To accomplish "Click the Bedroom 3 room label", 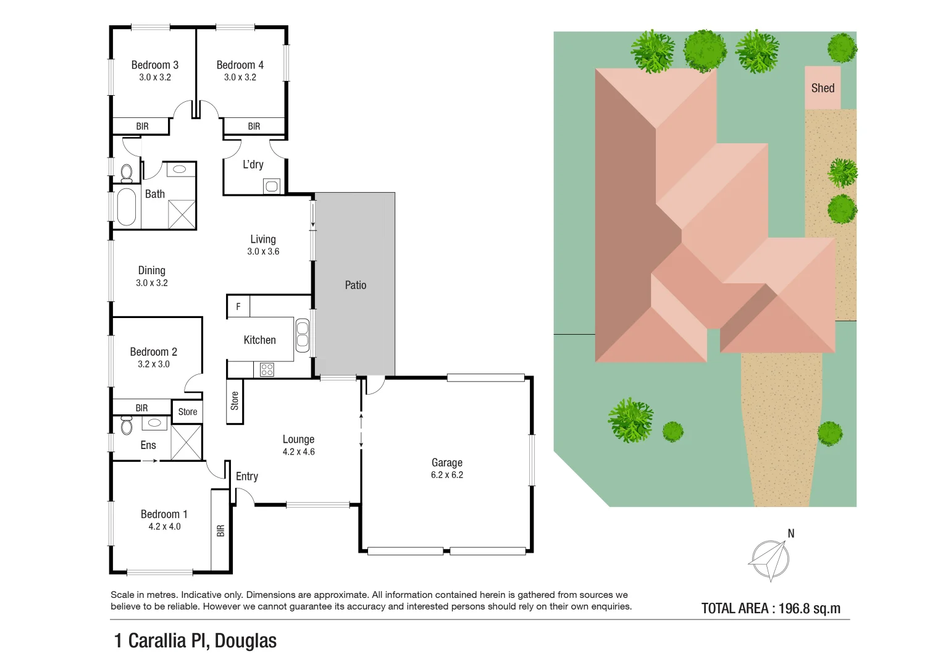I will tap(154, 65).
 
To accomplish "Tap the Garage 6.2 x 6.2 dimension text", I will tap(447, 475).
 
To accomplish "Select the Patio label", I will tap(356, 285).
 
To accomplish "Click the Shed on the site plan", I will tap(823, 88).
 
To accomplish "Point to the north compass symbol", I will tap(769, 560).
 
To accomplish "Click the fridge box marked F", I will tap(238, 306).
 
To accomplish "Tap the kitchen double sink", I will tap(302, 335).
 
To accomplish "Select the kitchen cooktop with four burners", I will tap(267, 370).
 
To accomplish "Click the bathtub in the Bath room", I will tap(127, 206).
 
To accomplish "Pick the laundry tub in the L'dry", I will tap(272, 185).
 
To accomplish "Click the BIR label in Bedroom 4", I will tap(254, 126).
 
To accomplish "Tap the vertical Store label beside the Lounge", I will tap(235, 401).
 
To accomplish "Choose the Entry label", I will tap(247, 476).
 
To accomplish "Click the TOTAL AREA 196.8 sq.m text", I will tap(771, 608).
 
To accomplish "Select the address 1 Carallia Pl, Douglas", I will tap(195, 640).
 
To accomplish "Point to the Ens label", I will tap(148, 445).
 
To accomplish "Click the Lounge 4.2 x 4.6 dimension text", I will tap(299, 452).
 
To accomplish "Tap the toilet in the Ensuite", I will tap(127, 425).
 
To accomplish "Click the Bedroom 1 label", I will tap(164, 514).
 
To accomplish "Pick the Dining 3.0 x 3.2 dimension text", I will tap(152, 283).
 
